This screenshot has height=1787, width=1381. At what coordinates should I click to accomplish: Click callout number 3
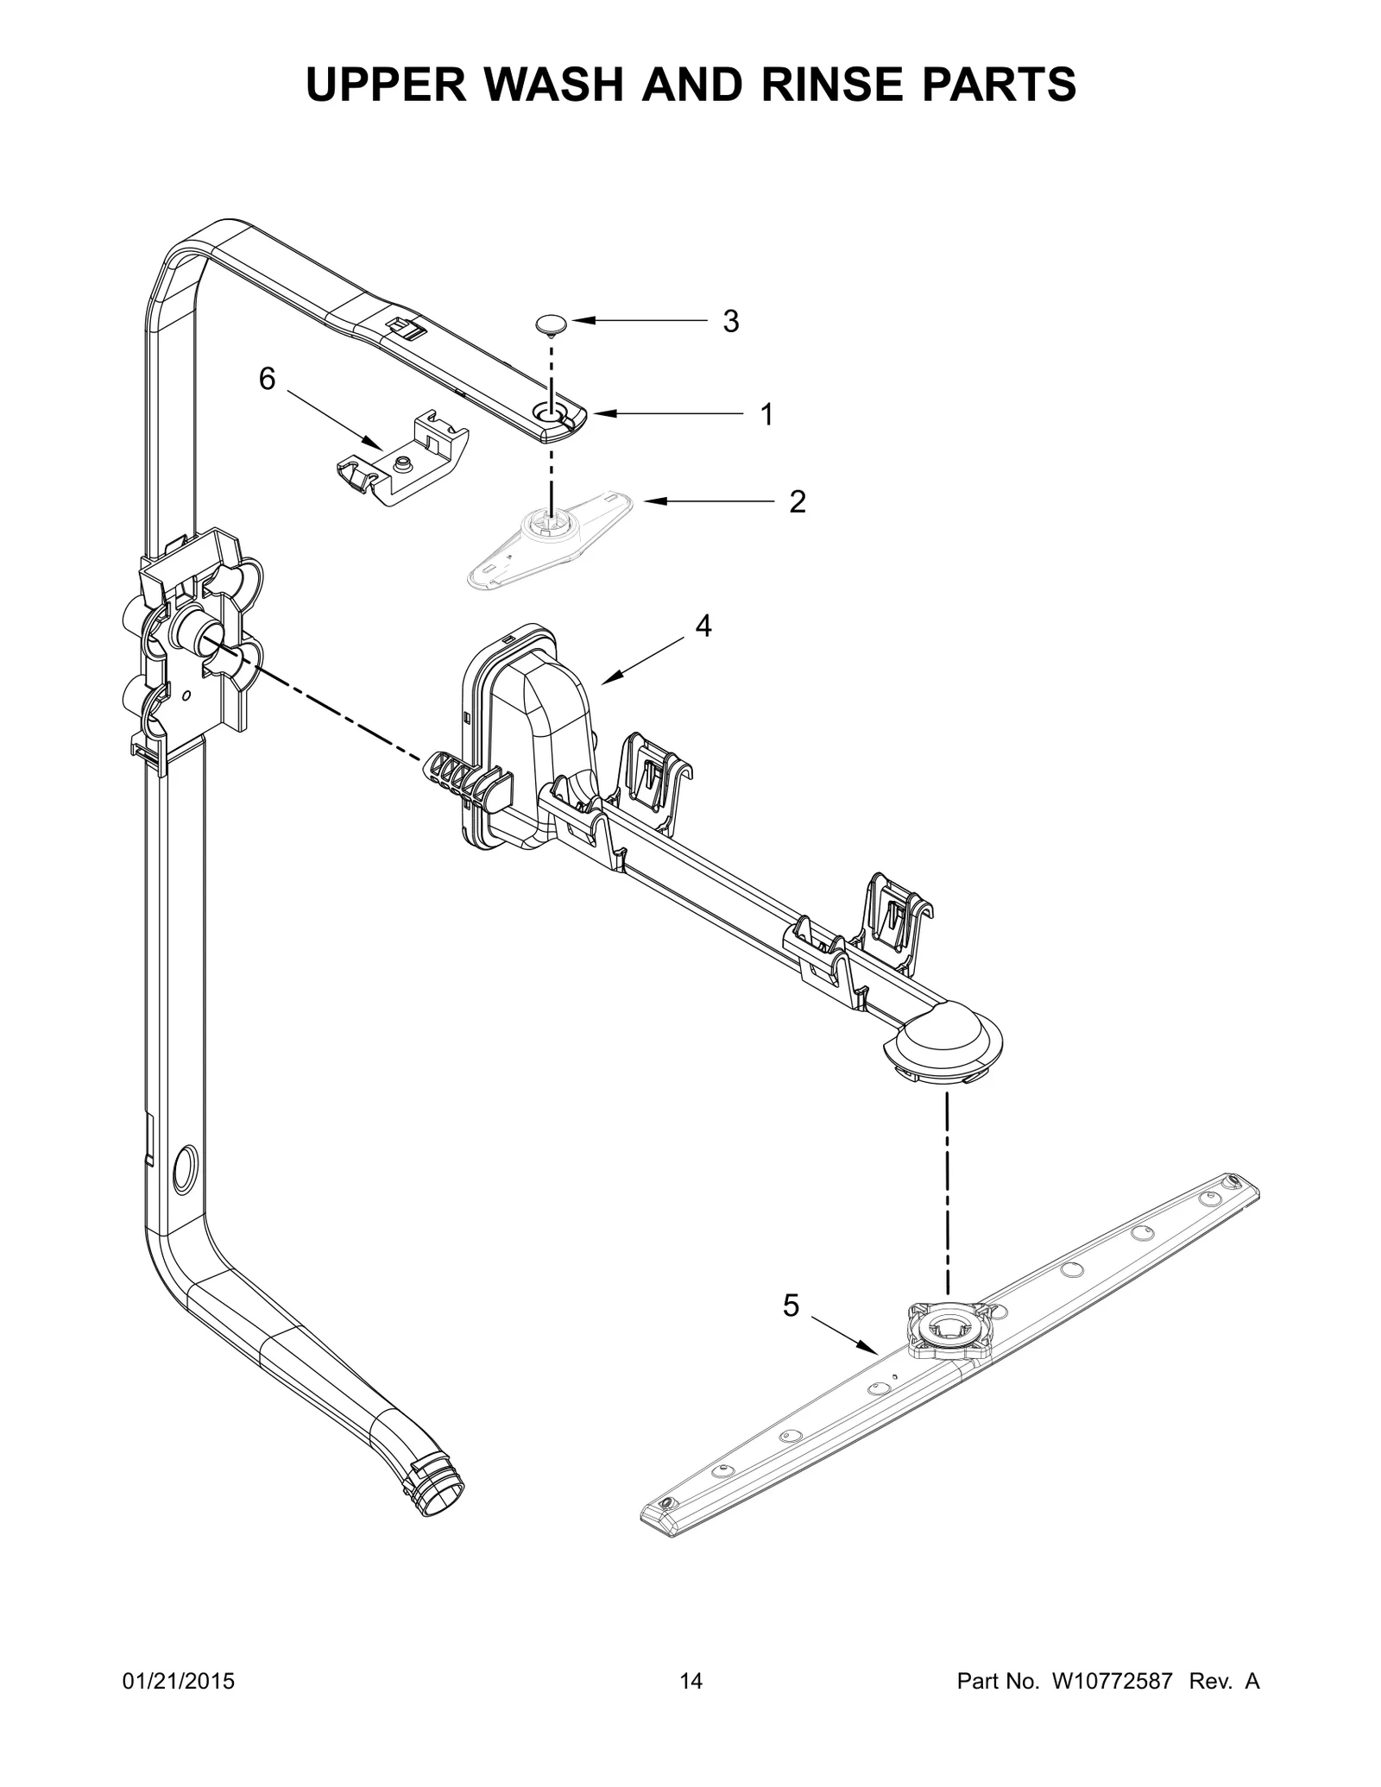730,322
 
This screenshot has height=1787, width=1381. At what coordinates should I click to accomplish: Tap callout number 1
766,415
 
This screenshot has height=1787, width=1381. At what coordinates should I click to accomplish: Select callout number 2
797,501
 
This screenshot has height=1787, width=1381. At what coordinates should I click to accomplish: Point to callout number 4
703,626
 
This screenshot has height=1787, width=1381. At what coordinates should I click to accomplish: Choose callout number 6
268,378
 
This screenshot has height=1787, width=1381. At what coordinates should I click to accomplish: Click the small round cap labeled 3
548,324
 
